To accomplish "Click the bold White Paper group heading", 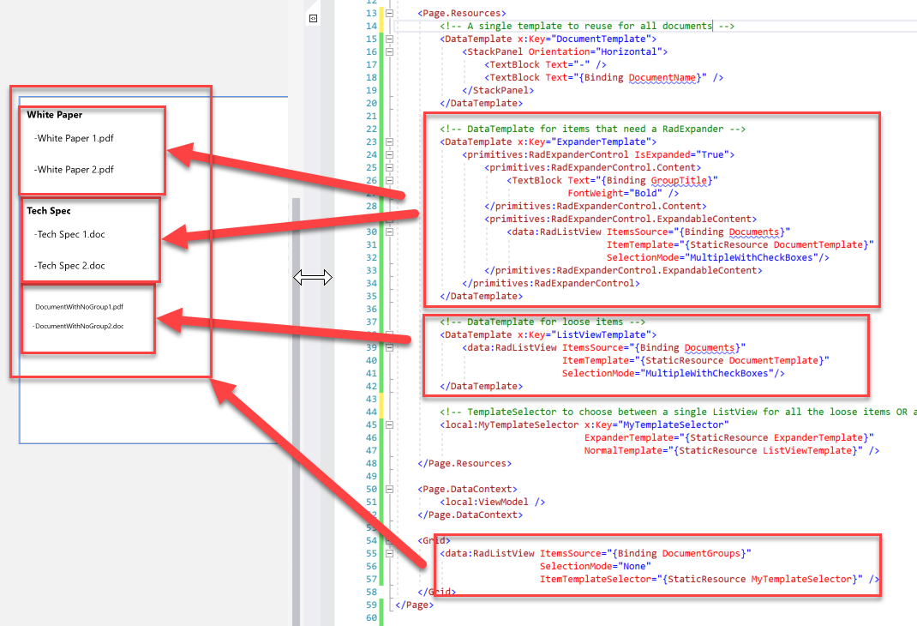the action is [54, 115].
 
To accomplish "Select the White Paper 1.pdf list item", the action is [74, 138].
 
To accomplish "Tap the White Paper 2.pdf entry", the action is [74, 170].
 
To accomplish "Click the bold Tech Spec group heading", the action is [49, 211].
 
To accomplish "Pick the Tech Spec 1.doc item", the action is [69, 234].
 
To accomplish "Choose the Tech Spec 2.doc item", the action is [69, 266].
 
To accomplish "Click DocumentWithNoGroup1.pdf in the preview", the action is [79, 306].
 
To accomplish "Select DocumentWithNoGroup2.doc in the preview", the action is [78, 326].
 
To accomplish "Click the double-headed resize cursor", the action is [312, 277].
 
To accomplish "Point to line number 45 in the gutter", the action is [371, 424].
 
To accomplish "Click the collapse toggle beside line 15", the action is [389, 39].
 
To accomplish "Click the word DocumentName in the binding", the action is [662, 78].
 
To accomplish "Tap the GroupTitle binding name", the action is [679, 181].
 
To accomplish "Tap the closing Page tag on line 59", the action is [414, 605].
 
